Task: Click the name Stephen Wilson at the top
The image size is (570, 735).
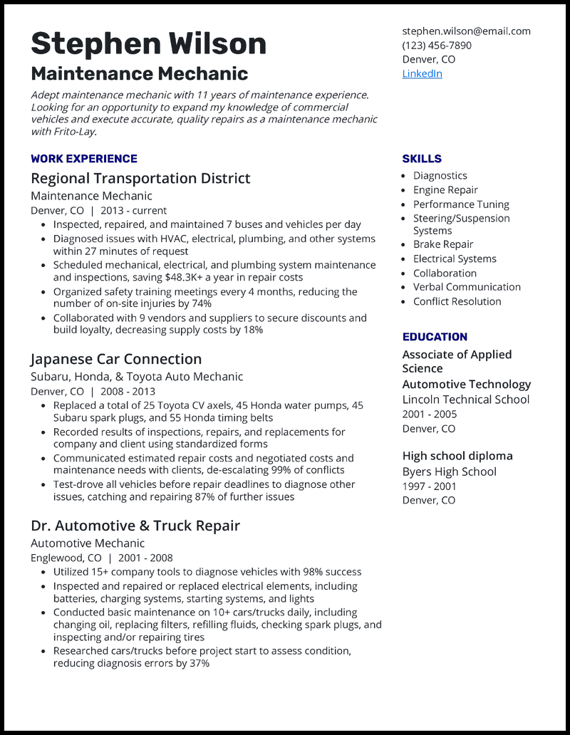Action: (x=148, y=43)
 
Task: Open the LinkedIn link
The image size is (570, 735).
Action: (x=422, y=73)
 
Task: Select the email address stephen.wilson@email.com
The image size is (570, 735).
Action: (x=466, y=31)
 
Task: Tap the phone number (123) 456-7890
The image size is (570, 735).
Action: (x=436, y=45)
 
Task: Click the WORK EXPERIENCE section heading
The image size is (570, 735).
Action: (x=84, y=159)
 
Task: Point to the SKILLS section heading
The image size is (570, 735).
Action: (x=422, y=159)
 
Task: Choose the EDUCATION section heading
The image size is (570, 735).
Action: (x=435, y=337)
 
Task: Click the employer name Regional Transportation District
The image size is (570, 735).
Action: (x=140, y=178)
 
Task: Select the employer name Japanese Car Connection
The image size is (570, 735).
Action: (x=116, y=359)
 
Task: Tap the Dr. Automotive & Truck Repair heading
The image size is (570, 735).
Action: (x=135, y=526)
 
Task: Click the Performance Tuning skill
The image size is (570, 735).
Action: (x=461, y=204)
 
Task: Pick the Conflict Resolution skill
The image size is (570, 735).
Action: (x=457, y=301)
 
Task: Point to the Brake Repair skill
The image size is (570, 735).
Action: (x=443, y=244)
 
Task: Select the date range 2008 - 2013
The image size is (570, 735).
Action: (x=128, y=391)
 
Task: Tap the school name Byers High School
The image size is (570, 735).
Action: (x=449, y=471)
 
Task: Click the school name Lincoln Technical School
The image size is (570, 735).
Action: (x=465, y=400)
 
